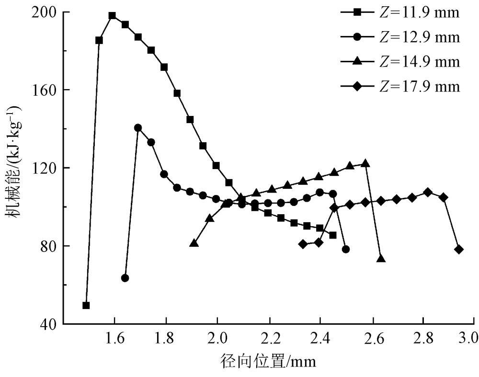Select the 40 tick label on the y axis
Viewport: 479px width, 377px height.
coord(50,324)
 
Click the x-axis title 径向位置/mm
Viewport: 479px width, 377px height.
coord(270,361)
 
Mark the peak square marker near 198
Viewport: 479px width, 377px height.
coord(112,15)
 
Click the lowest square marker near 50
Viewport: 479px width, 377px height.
coord(86,306)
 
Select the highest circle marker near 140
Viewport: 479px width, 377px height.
coord(138,128)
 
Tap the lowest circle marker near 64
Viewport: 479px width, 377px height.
coord(125,278)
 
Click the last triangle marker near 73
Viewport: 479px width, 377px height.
coord(381,259)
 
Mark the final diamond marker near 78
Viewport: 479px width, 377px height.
coord(459,250)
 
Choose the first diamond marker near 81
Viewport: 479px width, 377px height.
coord(303,244)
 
